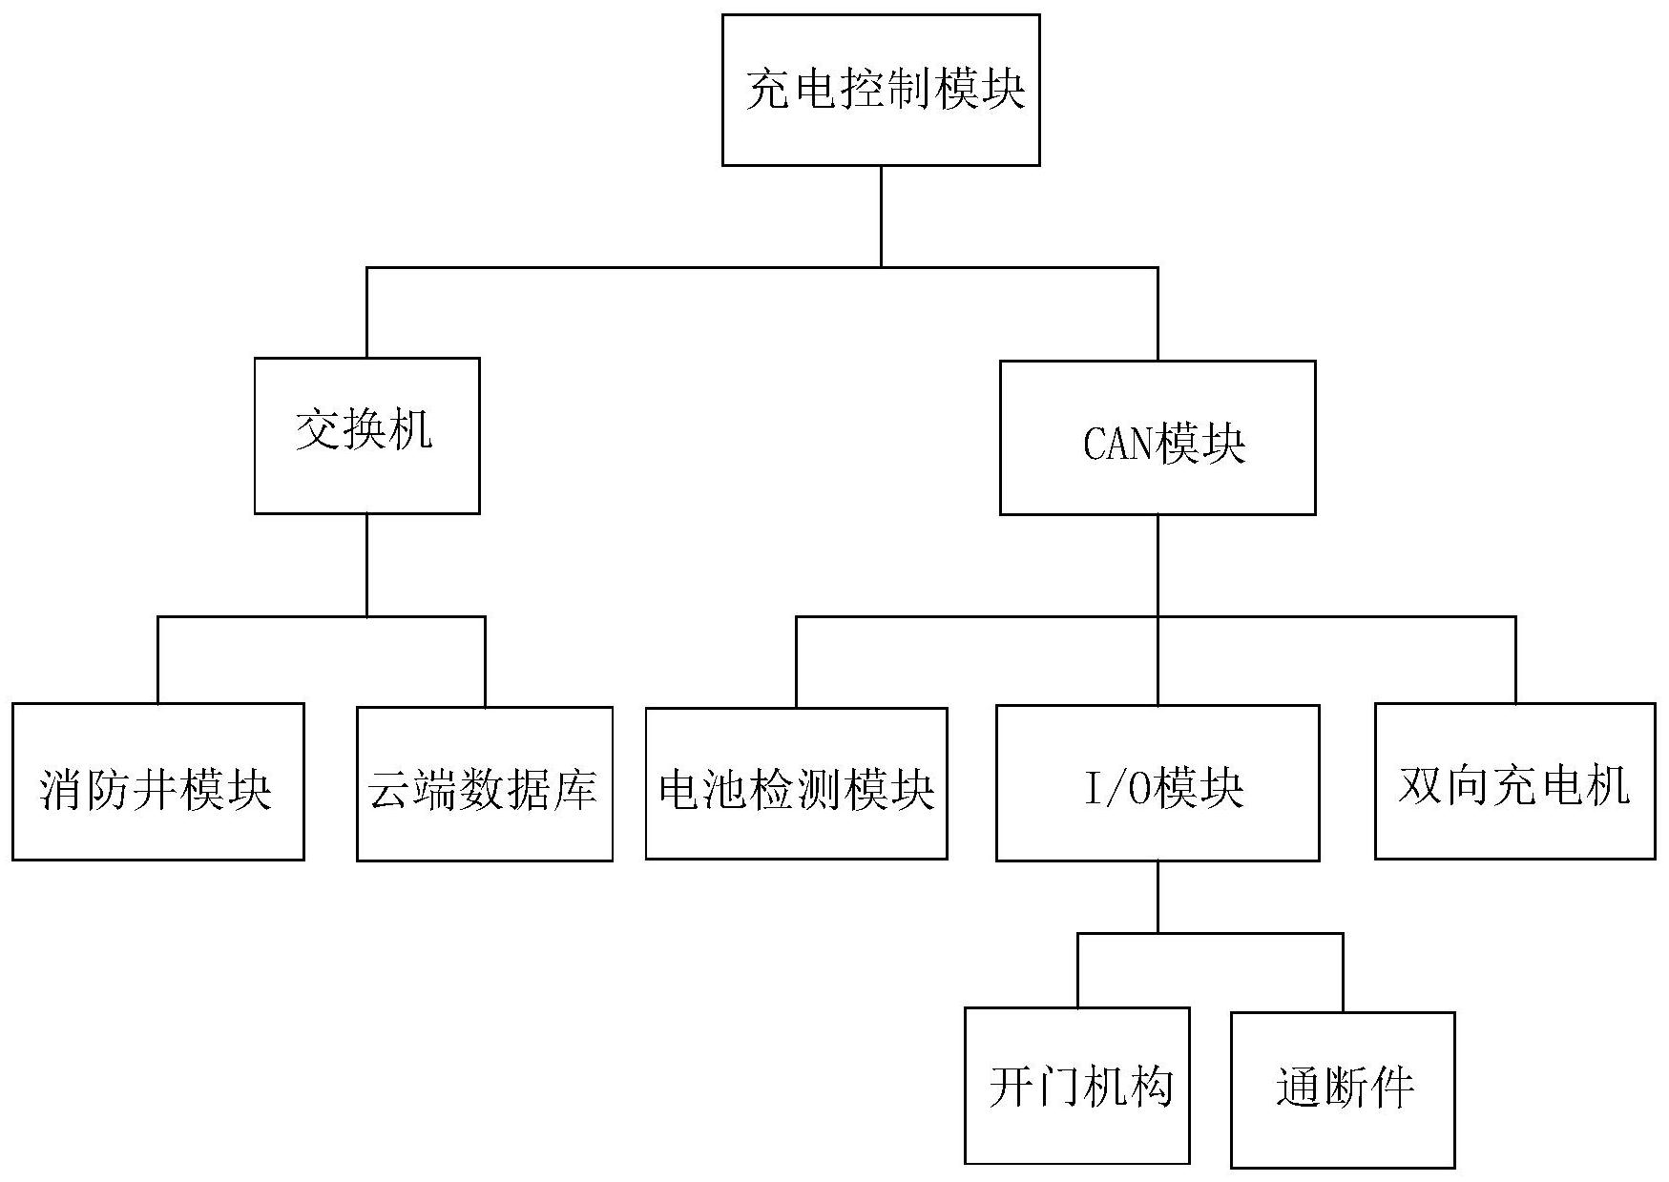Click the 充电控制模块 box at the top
(880, 90)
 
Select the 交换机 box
(366, 435)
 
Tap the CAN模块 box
(1157, 438)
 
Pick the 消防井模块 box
(157, 781)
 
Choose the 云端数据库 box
(484, 783)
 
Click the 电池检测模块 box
(796, 783)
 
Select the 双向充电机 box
(1514, 781)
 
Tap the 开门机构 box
(1076, 1085)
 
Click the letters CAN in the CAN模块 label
(1117, 445)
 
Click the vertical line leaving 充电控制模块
(881, 216)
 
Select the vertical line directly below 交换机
(367, 565)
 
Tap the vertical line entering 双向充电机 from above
(1515, 660)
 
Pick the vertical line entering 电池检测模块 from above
(797, 662)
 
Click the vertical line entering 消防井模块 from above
(158, 660)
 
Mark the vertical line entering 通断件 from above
(1343, 972)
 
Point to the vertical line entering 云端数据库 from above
(485, 661)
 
